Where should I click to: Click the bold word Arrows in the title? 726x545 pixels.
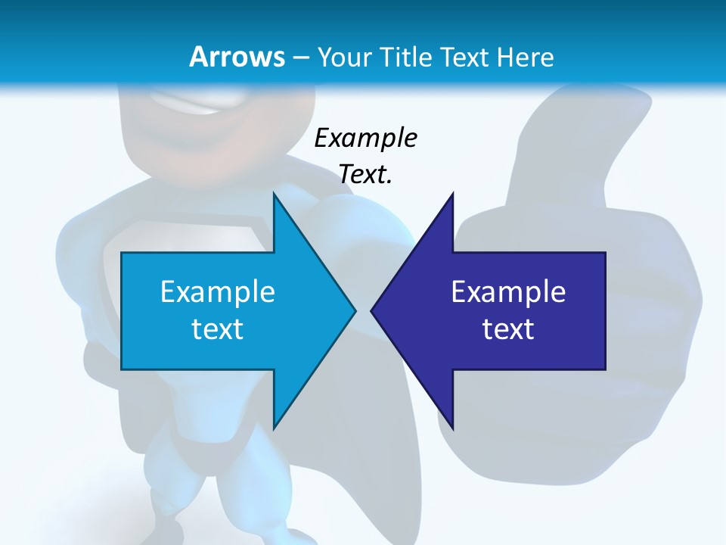pyautogui.click(x=237, y=57)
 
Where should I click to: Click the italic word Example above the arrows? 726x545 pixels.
pyautogui.click(x=365, y=139)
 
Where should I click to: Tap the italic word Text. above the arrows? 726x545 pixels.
pyautogui.click(x=365, y=175)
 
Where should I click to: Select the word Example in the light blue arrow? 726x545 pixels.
pyautogui.click(x=218, y=291)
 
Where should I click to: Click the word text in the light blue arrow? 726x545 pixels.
pyautogui.click(x=218, y=329)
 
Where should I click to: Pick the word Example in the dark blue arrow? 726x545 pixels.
pyautogui.click(x=508, y=291)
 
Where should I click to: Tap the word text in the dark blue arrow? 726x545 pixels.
pyautogui.click(x=508, y=329)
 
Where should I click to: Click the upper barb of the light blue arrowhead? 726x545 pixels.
pyautogui.click(x=276, y=200)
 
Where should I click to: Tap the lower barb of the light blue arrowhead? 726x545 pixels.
pyautogui.click(x=276, y=422)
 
